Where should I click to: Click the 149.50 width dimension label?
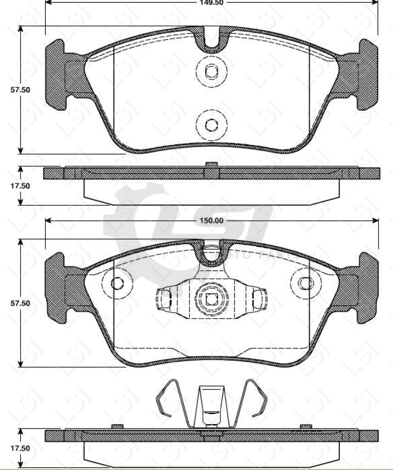point(212,2)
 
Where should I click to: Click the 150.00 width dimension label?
point(212,221)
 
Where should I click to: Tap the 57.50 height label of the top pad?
point(20,90)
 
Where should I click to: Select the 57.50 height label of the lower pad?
point(20,303)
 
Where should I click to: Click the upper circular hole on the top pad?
point(211,72)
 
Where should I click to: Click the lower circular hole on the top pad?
point(211,124)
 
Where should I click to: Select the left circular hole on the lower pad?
point(117,283)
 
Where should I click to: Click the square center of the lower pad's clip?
point(211,299)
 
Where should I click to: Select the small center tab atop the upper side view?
point(211,164)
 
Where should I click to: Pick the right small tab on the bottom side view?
point(306,426)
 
